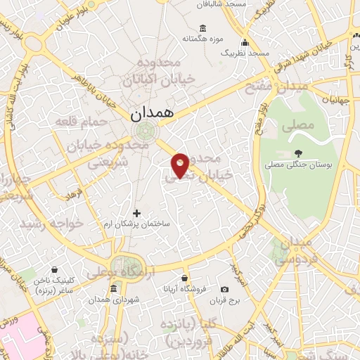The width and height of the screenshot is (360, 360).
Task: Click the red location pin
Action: coord(180,165)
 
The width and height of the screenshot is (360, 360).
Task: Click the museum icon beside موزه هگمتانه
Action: coord(203,28)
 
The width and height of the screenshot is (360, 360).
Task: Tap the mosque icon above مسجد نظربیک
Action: coord(245,42)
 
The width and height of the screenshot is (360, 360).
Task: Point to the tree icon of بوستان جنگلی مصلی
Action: coord(299,153)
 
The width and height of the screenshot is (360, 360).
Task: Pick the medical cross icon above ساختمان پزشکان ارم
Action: coord(137,213)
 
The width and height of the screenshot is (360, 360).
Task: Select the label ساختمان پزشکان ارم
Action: coord(137,224)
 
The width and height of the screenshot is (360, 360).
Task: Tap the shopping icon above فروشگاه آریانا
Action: coord(184,278)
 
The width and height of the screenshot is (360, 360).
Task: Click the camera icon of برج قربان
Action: coord(224,289)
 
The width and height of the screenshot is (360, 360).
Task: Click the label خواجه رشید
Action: coord(52,223)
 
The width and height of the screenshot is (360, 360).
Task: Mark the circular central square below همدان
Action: coord(145,131)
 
